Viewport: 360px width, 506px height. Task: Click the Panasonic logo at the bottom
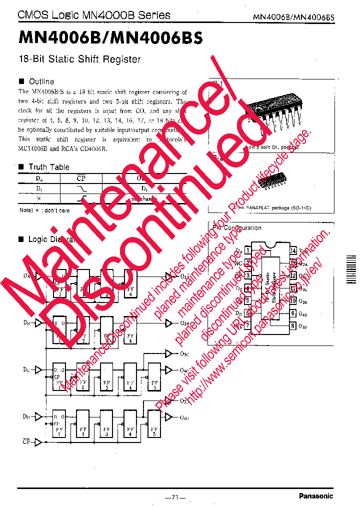315,496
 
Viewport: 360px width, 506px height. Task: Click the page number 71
175,497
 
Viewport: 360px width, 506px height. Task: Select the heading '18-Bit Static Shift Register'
79,59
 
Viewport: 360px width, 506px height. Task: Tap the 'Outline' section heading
41,81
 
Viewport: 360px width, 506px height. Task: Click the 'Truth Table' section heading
48,167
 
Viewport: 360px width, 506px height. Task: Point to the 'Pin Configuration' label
236,228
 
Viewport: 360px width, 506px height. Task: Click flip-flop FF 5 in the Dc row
154,377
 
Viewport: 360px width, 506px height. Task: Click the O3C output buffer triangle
169,354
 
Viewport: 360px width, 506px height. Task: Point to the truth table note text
44,210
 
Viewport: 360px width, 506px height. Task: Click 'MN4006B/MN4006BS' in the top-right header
293,17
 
